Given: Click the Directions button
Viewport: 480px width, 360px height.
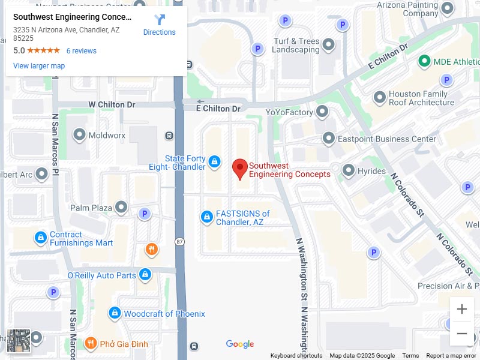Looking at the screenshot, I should point(159,25).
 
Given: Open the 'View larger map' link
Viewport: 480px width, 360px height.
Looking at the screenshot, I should point(39,66).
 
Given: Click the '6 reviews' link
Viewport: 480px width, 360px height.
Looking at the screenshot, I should point(81,51).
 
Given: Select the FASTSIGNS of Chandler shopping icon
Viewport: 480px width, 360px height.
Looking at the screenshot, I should point(207,217).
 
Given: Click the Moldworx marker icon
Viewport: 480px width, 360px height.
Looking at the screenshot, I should point(79,135).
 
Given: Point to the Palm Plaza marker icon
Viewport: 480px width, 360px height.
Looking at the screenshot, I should point(122,208).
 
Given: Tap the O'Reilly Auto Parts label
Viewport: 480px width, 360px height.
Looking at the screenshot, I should point(101,275).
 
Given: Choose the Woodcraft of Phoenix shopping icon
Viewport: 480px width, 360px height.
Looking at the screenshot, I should point(115,313).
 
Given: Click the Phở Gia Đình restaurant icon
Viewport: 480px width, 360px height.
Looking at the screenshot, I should point(91,343).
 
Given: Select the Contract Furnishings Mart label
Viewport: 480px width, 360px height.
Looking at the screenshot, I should point(81,239).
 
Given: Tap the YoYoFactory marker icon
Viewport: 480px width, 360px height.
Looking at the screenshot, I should point(323,112).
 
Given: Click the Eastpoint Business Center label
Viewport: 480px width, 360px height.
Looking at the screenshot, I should point(387,139).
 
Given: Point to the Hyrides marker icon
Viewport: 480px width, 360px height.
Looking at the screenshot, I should point(349,171).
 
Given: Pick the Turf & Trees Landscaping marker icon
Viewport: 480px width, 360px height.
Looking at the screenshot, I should point(329,44).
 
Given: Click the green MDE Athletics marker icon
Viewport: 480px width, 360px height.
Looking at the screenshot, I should point(425,61).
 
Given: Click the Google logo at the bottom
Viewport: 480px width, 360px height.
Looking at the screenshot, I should point(240,344).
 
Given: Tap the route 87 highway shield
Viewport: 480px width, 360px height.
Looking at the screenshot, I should point(180,241).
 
